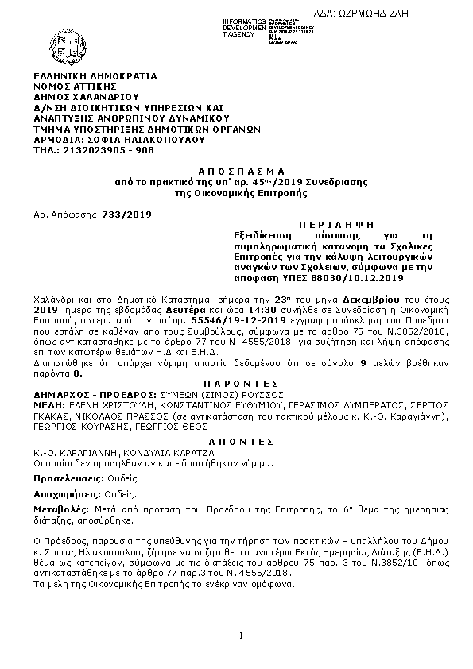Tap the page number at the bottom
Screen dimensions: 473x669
(239, 634)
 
